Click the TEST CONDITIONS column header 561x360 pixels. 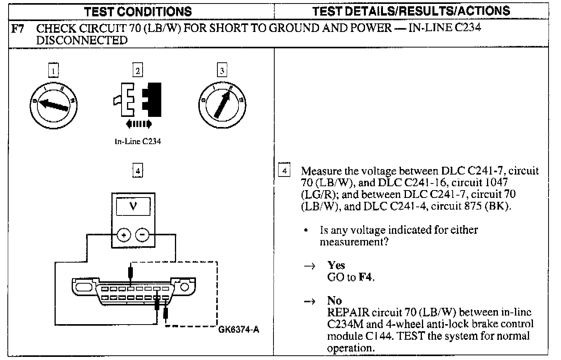click(138, 11)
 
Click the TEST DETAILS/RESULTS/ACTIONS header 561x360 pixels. click(411, 11)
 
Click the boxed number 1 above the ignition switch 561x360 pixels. click(53, 71)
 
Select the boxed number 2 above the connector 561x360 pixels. click(138, 71)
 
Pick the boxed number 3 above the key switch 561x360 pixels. click(222, 71)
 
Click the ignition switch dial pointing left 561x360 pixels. click(53, 104)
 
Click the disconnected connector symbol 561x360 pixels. click(138, 100)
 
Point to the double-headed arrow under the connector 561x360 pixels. click(139, 124)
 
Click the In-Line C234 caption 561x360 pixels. click(138, 141)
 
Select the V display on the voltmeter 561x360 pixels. click(133, 206)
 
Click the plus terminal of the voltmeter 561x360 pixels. click(124, 235)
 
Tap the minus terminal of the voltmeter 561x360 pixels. click(142, 235)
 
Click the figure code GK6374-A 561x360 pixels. click(239, 330)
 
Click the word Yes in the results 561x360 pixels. click(336, 265)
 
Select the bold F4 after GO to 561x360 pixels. click(365, 277)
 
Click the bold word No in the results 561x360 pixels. click(334, 300)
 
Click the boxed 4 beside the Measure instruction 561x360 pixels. click(285, 171)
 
